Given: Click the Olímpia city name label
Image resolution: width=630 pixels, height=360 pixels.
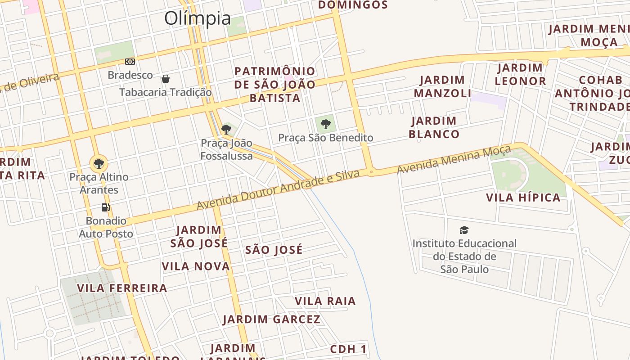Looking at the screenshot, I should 198,18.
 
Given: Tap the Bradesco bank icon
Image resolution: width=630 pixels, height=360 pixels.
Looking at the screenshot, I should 130,62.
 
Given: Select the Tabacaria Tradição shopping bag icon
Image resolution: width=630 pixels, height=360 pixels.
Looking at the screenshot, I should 166,79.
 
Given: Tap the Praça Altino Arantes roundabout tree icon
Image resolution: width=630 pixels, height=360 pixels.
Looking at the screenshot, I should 99,163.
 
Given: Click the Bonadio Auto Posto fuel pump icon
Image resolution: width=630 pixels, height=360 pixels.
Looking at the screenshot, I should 106,207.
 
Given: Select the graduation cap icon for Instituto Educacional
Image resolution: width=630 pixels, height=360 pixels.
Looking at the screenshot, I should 464,230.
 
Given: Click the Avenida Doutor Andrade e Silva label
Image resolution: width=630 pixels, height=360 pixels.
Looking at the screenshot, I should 278,189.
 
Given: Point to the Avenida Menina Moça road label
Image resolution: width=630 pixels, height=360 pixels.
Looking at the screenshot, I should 454,159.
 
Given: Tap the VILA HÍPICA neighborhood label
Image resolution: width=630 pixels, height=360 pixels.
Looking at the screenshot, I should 523,198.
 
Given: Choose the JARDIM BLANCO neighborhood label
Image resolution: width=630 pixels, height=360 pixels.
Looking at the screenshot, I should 434,127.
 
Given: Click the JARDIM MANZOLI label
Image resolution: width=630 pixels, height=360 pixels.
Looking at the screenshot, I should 442,86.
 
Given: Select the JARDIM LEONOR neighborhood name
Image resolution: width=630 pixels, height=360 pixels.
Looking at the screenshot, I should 520,75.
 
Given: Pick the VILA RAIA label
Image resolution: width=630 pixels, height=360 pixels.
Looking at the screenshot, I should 325,301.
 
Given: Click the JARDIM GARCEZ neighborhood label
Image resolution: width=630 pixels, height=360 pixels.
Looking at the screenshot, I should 271,319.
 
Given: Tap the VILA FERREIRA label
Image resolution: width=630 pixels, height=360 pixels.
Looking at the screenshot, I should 122,288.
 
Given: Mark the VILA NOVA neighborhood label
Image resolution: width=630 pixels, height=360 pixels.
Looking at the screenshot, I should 196,266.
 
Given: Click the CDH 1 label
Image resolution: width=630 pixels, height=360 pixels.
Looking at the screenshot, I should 348,349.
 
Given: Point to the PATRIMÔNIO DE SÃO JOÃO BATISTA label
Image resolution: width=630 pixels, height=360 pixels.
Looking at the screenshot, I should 275,84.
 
